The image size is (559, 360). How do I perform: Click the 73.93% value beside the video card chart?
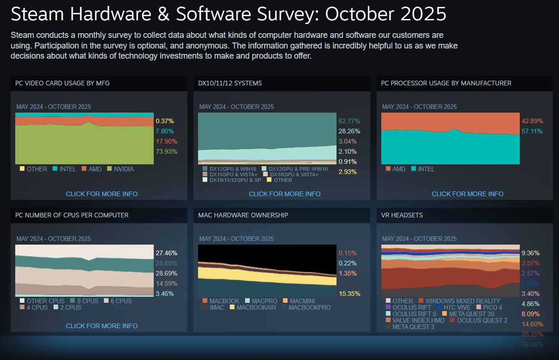[x=166, y=151]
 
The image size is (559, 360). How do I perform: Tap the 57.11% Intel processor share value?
[x=532, y=131]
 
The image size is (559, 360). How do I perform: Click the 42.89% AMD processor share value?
[x=532, y=121]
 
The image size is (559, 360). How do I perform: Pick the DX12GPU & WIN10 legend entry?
[x=232, y=169]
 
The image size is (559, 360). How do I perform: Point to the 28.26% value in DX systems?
[x=349, y=131]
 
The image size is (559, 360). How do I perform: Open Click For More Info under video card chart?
[x=102, y=194]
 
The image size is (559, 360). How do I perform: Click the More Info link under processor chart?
[x=467, y=194]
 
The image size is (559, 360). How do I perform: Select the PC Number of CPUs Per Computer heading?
[x=72, y=215]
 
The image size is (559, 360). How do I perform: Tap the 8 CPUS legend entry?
[x=87, y=301]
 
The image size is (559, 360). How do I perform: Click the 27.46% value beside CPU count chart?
[x=166, y=253]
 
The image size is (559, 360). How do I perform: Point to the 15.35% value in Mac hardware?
[x=349, y=294]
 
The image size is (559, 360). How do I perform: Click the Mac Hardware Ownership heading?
[x=243, y=215]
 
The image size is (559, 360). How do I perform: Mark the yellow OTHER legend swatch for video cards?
[x=22, y=169]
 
